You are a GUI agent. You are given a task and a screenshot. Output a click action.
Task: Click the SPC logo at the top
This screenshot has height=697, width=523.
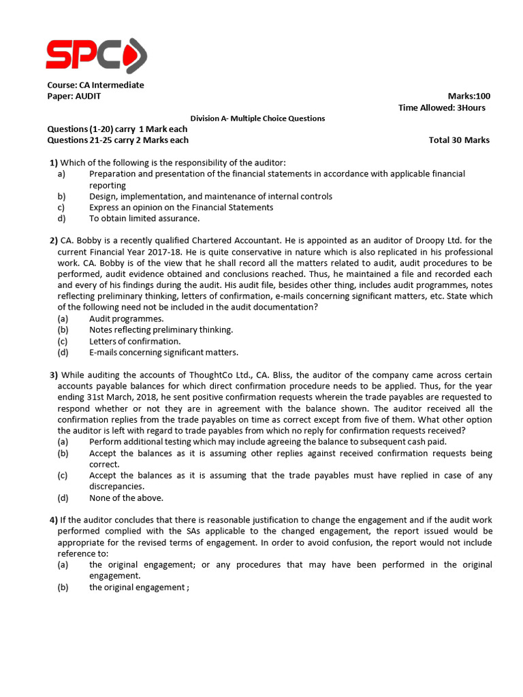[95, 54]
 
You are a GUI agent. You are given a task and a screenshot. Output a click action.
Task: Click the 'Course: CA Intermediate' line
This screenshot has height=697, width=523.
[95, 85]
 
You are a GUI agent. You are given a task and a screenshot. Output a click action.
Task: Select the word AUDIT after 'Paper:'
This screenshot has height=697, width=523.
[88, 96]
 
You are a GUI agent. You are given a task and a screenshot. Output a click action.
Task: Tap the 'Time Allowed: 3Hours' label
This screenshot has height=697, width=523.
[441, 108]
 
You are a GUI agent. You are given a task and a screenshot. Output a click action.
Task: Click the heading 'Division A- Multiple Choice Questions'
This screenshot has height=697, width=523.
[257, 118]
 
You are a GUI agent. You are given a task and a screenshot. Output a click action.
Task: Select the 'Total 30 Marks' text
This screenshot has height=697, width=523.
[459, 140]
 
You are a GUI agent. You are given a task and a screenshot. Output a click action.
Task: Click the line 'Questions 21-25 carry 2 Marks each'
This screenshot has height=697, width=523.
[117, 140]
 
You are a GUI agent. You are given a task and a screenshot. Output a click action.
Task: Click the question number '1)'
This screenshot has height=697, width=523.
[54, 163]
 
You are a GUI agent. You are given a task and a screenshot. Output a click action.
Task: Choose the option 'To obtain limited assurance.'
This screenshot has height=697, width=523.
[144, 218]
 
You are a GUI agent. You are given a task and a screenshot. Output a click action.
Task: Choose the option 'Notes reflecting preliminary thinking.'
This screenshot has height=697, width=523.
[161, 330]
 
